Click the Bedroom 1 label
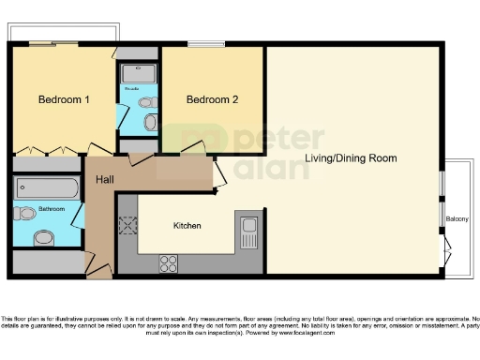coord(64,99)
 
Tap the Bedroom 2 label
coord(212,99)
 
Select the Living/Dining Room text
coord(351,158)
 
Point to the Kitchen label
coord(187,226)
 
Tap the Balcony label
coord(457,219)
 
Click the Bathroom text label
coord(52,210)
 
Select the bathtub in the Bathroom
coord(48,187)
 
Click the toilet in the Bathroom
coord(25,214)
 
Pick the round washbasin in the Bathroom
coord(45,237)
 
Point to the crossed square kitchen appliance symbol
coord(127,225)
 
